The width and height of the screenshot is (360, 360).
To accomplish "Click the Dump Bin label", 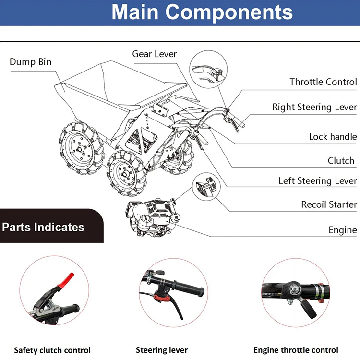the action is pyautogui.click(x=31, y=62).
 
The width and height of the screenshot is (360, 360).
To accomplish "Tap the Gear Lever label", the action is pyautogui.click(x=155, y=54).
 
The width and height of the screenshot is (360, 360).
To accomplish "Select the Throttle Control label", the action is pyautogui.click(x=323, y=82).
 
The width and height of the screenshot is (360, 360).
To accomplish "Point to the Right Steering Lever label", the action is pyautogui.click(x=315, y=107).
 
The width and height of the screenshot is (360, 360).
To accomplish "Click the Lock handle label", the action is pyautogui.click(x=333, y=137).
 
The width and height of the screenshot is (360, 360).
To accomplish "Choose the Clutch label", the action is pyautogui.click(x=341, y=161).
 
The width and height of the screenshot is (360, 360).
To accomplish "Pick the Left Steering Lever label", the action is pyautogui.click(x=318, y=181).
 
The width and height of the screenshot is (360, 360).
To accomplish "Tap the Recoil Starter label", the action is pyautogui.click(x=329, y=204).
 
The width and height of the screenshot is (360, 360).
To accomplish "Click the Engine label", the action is pyautogui.click(x=343, y=230).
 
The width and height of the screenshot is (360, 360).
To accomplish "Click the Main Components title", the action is pyautogui.click(x=202, y=12).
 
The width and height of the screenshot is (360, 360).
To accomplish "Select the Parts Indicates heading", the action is pyautogui.click(x=43, y=227).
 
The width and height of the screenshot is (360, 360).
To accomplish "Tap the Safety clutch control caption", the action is pyautogui.click(x=52, y=350).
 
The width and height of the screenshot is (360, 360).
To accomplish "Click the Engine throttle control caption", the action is pyautogui.click(x=296, y=350).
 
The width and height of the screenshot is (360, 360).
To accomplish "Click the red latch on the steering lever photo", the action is pyautogui.click(x=161, y=298).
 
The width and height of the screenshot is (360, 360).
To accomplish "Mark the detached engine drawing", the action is pyautogui.click(x=152, y=217).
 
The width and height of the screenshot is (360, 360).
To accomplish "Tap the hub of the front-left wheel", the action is pyautogui.click(x=79, y=149).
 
